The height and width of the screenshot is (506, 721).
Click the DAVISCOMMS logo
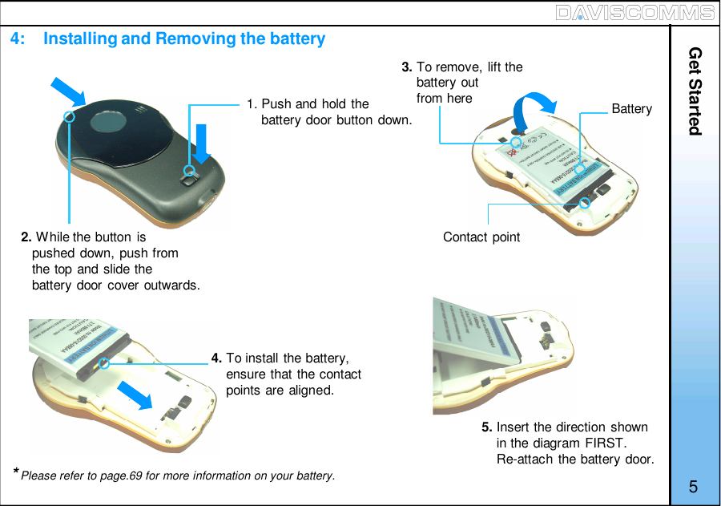tap(634, 12)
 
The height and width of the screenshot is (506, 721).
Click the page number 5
tap(693, 487)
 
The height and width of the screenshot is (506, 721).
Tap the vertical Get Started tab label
tap(695, 91)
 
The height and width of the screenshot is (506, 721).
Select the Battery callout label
tap(631, 108)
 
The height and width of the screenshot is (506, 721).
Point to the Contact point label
tap(481, 237)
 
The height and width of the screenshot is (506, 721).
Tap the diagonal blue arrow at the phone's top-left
tap(68, 91)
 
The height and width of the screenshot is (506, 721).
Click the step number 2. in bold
tap(26, 237)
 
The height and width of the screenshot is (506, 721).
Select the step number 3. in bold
tap(407, 67)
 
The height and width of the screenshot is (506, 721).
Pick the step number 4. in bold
tap(216, 358)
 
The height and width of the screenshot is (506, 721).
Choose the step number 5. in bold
tap(487, 427)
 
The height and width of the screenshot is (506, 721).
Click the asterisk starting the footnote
tap(15, 472)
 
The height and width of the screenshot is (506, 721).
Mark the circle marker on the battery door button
tap(189, 170)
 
